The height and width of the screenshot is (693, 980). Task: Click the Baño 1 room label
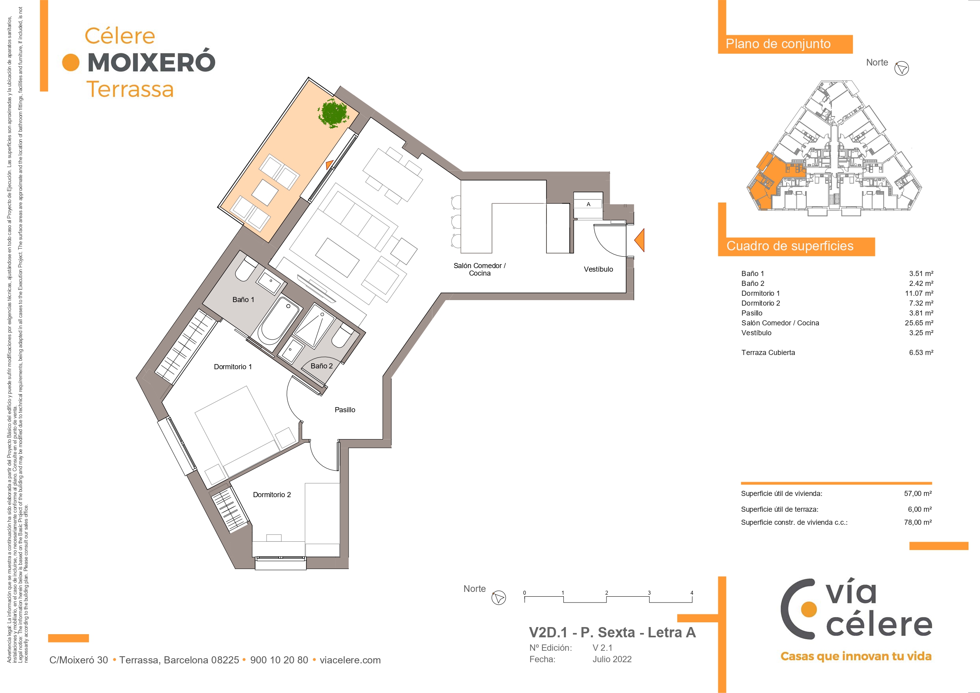(243, 300)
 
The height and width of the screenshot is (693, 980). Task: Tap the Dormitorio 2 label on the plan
(272, 494)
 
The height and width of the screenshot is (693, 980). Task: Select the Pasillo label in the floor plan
(345, 410)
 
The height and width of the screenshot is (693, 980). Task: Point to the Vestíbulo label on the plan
(599, 269)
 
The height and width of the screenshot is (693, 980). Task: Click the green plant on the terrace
(333, 114)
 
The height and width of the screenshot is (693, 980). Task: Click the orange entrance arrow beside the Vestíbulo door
(639, 240)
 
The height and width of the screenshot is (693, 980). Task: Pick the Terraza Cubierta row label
(768, 353)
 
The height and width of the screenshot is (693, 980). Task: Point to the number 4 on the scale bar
(692, 593)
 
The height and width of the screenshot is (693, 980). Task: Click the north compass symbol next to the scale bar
(499, 597)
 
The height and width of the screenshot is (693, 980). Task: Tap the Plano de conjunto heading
(778, 43)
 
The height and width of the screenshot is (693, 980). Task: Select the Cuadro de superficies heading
(790, 246)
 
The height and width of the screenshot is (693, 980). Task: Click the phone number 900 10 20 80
(279, 660)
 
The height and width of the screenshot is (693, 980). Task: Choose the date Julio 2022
(612, 659)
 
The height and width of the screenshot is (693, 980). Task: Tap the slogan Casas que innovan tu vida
(856, 656)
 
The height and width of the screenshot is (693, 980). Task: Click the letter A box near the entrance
(588, 204)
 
